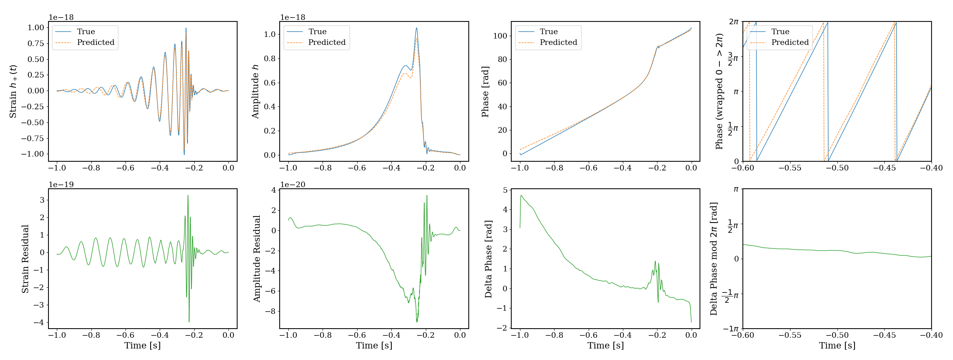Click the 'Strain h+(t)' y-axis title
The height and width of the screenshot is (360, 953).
point(13,91)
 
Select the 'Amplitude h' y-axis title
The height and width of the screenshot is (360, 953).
point(255,91)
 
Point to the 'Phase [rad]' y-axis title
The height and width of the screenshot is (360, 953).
point(485,91)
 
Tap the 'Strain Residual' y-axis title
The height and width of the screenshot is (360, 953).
point(25,259)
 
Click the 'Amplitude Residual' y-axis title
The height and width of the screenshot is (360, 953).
point(257,259)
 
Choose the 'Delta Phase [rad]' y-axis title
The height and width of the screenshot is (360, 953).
point(488,259)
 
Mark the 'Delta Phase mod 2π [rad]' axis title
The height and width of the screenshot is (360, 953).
point(713,259)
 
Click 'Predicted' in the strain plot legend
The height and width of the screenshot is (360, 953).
point(95,43)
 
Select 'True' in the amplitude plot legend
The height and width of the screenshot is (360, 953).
point(317,32)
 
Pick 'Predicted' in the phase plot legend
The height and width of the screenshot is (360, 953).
point(558,43)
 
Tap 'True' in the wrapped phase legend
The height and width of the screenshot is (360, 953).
point(780,32)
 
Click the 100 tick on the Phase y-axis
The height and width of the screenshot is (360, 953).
point(500,36)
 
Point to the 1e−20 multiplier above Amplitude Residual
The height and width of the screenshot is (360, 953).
point(293,184)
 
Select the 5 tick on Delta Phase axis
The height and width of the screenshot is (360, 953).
point(505,190)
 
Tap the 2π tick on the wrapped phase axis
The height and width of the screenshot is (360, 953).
point(733,22)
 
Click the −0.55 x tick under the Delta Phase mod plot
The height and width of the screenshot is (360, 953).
point(790,335)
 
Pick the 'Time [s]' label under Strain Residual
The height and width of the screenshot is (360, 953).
point(143,346)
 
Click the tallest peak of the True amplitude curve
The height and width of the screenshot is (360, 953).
point(416,28)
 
